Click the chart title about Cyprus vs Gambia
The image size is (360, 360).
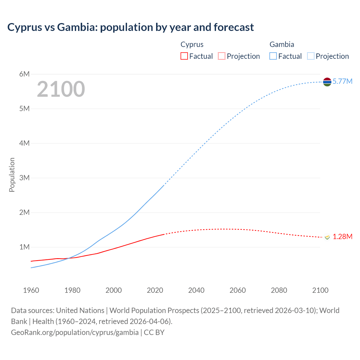click(x=130, y=27)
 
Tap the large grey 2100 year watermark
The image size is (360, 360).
click(x=61, y=89)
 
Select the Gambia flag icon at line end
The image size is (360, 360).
click(x=327, y=82)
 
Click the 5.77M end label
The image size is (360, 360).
click(x=342, y=81)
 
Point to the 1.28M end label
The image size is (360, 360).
click(x=342, y=237)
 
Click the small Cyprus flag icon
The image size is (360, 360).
click(x=327, y=237)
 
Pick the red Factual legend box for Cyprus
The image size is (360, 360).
click(x=184, y=56)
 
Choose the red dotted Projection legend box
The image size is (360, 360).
click(x=222, y=56)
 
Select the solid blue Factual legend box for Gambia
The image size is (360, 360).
click(x=273, y=56)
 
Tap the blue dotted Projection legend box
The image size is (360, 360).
click(x=310, y=56)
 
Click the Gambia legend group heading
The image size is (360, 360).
click(x=282, y=44)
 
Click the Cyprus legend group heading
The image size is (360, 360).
click(x=192, y=44)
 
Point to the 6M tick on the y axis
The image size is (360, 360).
click(x=24, y=74)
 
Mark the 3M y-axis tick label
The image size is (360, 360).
click(x=24, y=178)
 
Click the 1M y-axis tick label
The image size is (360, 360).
click(x=24, y=247)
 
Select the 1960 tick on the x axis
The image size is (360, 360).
click(x=31, y=290)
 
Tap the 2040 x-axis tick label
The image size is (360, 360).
click(x=196, y=290)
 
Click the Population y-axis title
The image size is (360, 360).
click(x=12, y=175)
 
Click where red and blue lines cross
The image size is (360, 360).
click(x=68, y=258)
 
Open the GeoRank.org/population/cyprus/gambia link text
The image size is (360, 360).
click(x=75, y=332)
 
